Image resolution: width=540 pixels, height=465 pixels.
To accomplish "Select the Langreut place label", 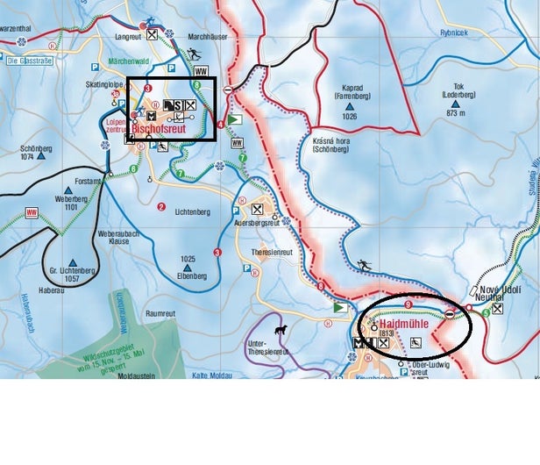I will pos(127,36).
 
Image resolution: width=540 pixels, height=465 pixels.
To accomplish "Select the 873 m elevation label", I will pos(454,113).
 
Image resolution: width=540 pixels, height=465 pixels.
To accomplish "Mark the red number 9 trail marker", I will pos(409,304).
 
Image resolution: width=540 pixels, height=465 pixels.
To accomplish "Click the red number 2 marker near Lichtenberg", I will pos(160,208).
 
